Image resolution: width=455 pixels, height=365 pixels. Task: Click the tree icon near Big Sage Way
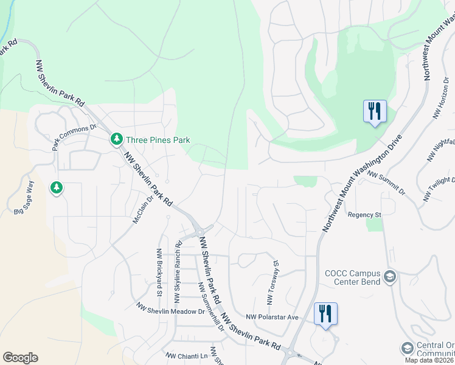[x=57, y=188]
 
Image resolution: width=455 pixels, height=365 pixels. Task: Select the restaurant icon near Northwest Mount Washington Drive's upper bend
[x=374, y=111]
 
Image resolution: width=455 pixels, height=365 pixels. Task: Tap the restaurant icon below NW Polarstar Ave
[x=325, y=314]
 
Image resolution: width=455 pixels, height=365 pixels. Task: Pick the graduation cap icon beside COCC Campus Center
[x=390, y=277]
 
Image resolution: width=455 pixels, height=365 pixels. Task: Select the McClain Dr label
[x=142, y=207]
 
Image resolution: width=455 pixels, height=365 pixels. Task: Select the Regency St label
[x=364, y=215]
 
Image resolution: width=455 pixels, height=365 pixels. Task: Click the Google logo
[x=20, y=358]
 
